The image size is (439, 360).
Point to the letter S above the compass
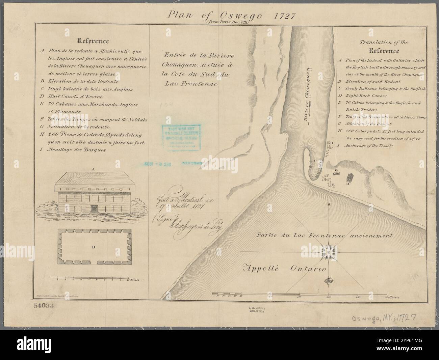pos(329,205)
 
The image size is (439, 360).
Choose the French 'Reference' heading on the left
pos(93,41)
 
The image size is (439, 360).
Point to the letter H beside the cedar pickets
pos(347,184)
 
